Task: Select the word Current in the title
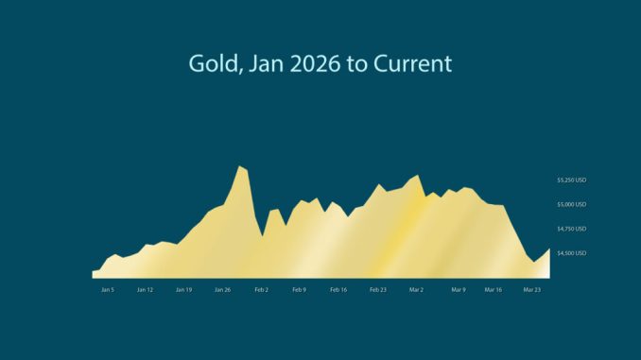coord(413,64)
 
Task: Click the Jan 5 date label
coord(107,290)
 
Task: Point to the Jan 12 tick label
coord(145,290)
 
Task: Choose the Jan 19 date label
coord(183,290)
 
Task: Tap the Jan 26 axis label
coord(222,290)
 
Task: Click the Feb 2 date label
coord(261,290)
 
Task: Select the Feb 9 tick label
coord(300,290)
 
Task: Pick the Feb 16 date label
coord(338,290)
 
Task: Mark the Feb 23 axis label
coord(377,290)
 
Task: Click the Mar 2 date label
coord(416,290)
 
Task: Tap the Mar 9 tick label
coord(459,290)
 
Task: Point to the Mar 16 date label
coord(494,290)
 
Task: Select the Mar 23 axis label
coord(532,290)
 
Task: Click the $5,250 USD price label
coord(572,180)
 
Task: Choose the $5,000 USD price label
coord(572,204)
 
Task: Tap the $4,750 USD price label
coord(572,229)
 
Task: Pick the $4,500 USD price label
coord(572,253)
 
